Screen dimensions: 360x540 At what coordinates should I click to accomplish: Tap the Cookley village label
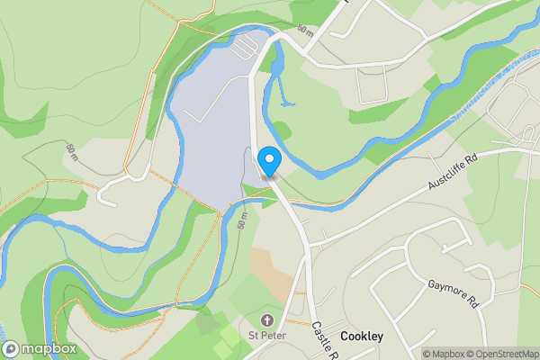(362, 337)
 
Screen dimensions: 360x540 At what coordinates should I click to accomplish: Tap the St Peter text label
(267, 337)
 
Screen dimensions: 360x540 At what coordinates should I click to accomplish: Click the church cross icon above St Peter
(267, 320)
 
